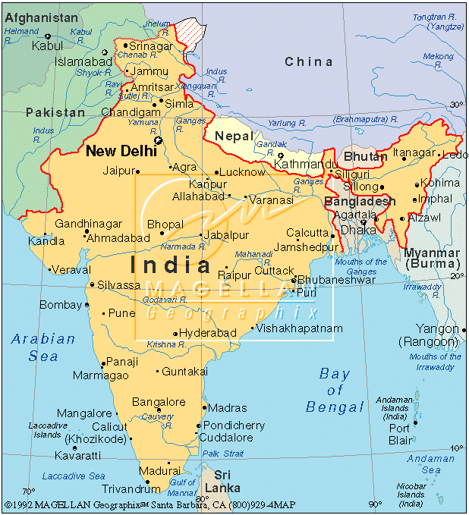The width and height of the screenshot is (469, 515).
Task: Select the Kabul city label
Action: (x=47, y=46)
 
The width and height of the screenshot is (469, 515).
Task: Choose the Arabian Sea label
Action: (x=43, y=347)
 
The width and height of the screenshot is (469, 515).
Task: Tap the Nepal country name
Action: (x=234, y=135)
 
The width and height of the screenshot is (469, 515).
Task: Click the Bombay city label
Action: (x=60, y=305)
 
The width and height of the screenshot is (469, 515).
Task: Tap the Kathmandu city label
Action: (x=307, y=164)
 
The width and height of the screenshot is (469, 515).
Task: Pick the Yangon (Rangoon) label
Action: (x=437, y=335)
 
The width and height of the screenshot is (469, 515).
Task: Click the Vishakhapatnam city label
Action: (x=300, y=328)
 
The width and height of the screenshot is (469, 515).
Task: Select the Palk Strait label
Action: (x=223, y=454)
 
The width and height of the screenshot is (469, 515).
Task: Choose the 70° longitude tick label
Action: (x=29, y=491)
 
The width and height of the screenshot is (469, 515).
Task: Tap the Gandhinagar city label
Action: (x=88, y=225)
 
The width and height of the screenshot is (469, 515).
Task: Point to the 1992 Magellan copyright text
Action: (x=150, y=504)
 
